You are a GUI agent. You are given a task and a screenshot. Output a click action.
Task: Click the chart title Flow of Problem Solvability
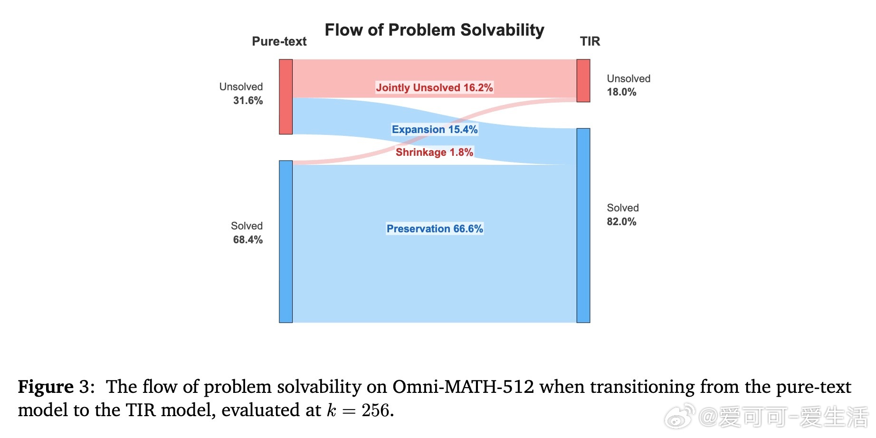point(434,30)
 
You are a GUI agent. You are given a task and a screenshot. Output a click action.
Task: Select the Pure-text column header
point(279,41)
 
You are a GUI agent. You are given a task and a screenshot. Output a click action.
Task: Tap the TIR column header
point(590,41)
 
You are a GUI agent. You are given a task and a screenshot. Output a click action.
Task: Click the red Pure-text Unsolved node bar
point(286,97)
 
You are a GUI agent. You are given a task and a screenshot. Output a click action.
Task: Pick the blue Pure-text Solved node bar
point(286,242)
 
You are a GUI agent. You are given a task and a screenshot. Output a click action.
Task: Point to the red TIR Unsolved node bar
point(583,81)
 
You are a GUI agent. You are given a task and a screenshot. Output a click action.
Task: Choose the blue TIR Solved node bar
point(583,226)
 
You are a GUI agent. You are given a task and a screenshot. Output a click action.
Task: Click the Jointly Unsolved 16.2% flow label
point(434,87)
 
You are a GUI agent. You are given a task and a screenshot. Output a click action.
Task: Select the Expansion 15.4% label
point(435,129)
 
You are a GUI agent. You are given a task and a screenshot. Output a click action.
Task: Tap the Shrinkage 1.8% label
point(434,152)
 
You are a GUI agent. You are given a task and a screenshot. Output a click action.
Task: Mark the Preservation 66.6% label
point(435,229)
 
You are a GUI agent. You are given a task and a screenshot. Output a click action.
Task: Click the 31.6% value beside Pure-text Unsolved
point(248,101)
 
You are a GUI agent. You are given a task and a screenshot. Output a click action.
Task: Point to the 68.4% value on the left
point(248,240)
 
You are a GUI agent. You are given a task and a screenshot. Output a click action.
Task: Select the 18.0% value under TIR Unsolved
point(621,92)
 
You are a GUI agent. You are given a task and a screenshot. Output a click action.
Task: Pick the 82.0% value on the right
point(621,222)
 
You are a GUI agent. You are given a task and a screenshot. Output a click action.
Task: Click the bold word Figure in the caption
point(46,387)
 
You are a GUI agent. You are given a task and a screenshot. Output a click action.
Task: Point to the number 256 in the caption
point(375,410)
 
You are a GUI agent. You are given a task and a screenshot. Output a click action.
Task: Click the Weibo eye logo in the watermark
point(680,417)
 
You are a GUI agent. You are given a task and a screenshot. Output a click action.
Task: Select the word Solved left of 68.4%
point(247,226)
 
